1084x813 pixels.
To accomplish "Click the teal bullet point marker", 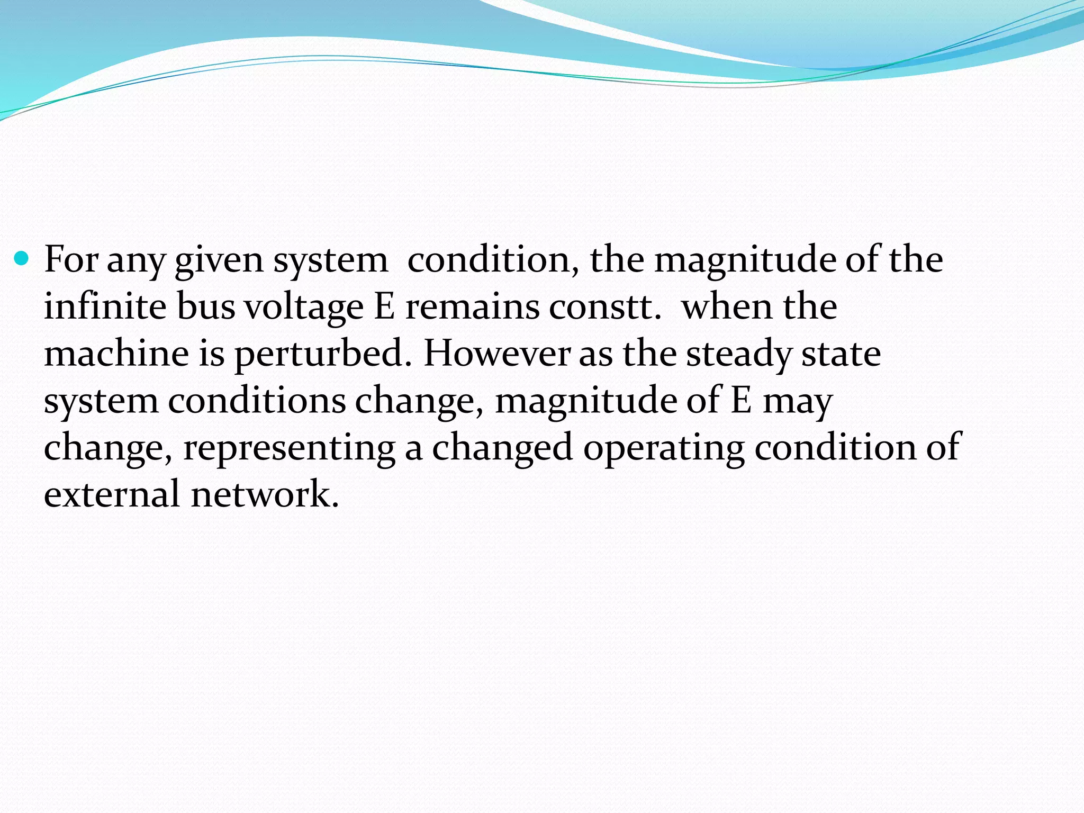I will pyautogui.click(x=22, y=259).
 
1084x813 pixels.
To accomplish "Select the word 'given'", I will pyautogui.click(x=219, y=261).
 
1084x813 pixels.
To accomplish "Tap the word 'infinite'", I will pyautogui.click(x=105, y=306).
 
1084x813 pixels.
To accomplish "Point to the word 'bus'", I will pyautogui.click(x=205, y=306).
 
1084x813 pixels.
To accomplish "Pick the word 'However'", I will pyautogui.click(x=496, y=354).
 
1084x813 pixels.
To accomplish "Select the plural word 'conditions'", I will pyautogui.click(x=257, y=400).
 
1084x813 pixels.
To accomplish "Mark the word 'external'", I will pyautogui.click(x=112, y=494).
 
